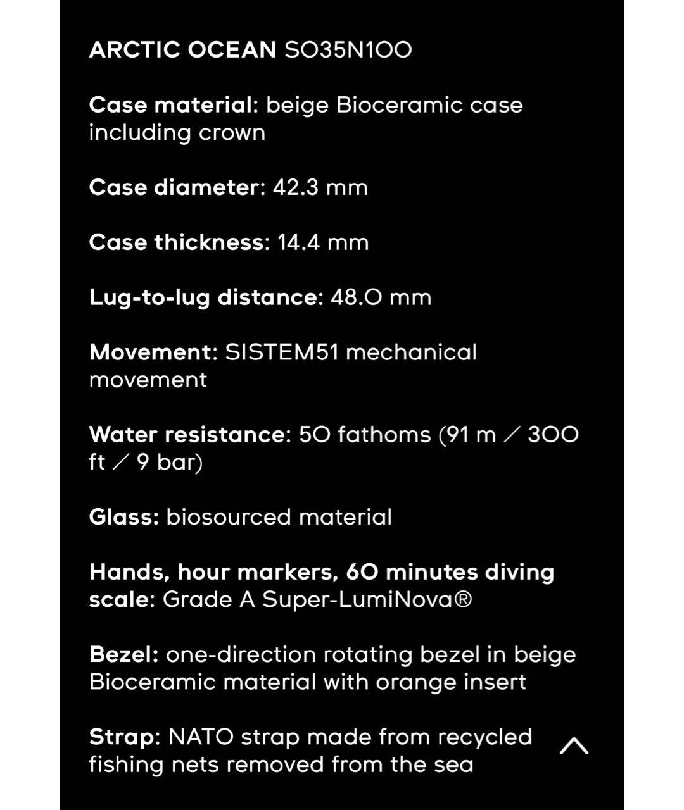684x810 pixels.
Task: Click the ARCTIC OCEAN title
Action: [x=182, y=50]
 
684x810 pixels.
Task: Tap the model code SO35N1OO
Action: [x=348, y=50]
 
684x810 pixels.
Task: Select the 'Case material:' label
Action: [x=174, y=105]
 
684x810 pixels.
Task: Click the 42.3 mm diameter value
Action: [x=320, y=188]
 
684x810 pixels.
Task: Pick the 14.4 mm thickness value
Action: [x=323, y=243]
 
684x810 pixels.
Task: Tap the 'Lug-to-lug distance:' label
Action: [x=206, y=297]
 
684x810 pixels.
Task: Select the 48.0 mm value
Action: [x=381, y=297]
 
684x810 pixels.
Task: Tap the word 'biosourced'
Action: [x=229, y=518]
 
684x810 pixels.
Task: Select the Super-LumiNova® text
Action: [x=367, y=600]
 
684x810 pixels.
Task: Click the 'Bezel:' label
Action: [x=124, y=655]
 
